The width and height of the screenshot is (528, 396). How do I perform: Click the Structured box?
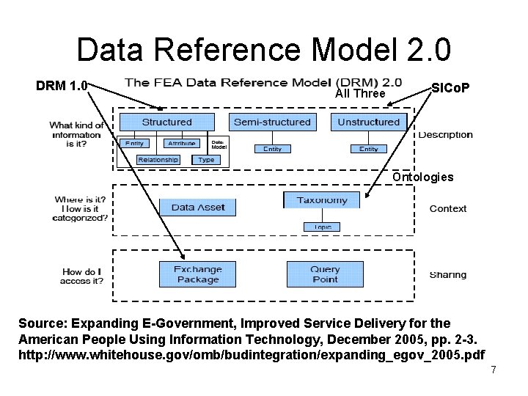click(x=166, y=122)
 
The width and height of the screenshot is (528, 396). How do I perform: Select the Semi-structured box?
click(x=272, y=122)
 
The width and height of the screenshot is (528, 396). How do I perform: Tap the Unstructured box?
click(x=368, y=122)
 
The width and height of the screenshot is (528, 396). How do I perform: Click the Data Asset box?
click(x=198, y=208)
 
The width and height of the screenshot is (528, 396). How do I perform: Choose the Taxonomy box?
click(x=322, y=200)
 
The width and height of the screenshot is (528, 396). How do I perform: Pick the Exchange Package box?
click(x=198, y=274)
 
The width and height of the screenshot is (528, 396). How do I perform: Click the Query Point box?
click(x=324, y=274)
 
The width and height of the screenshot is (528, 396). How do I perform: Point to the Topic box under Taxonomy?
click(x=322, y=227)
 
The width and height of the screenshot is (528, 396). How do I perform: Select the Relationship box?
click(x=158, y=160)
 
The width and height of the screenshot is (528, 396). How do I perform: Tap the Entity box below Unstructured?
click(x=368, y=148)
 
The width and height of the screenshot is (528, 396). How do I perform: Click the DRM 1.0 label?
click(x=62, y=87)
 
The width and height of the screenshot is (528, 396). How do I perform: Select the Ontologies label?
click(x=422, y=177)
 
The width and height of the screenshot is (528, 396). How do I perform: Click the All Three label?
click(x=359, y=94)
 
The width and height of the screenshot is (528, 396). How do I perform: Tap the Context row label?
click(x=447, y=208)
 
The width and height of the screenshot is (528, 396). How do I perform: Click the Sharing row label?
click(x=447, y=274)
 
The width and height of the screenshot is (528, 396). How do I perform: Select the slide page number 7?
click(x=494, y=370)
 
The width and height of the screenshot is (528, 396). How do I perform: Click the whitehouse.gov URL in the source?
click(x=251, y=354)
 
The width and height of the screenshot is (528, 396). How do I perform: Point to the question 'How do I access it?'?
click(x=82, y=276)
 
